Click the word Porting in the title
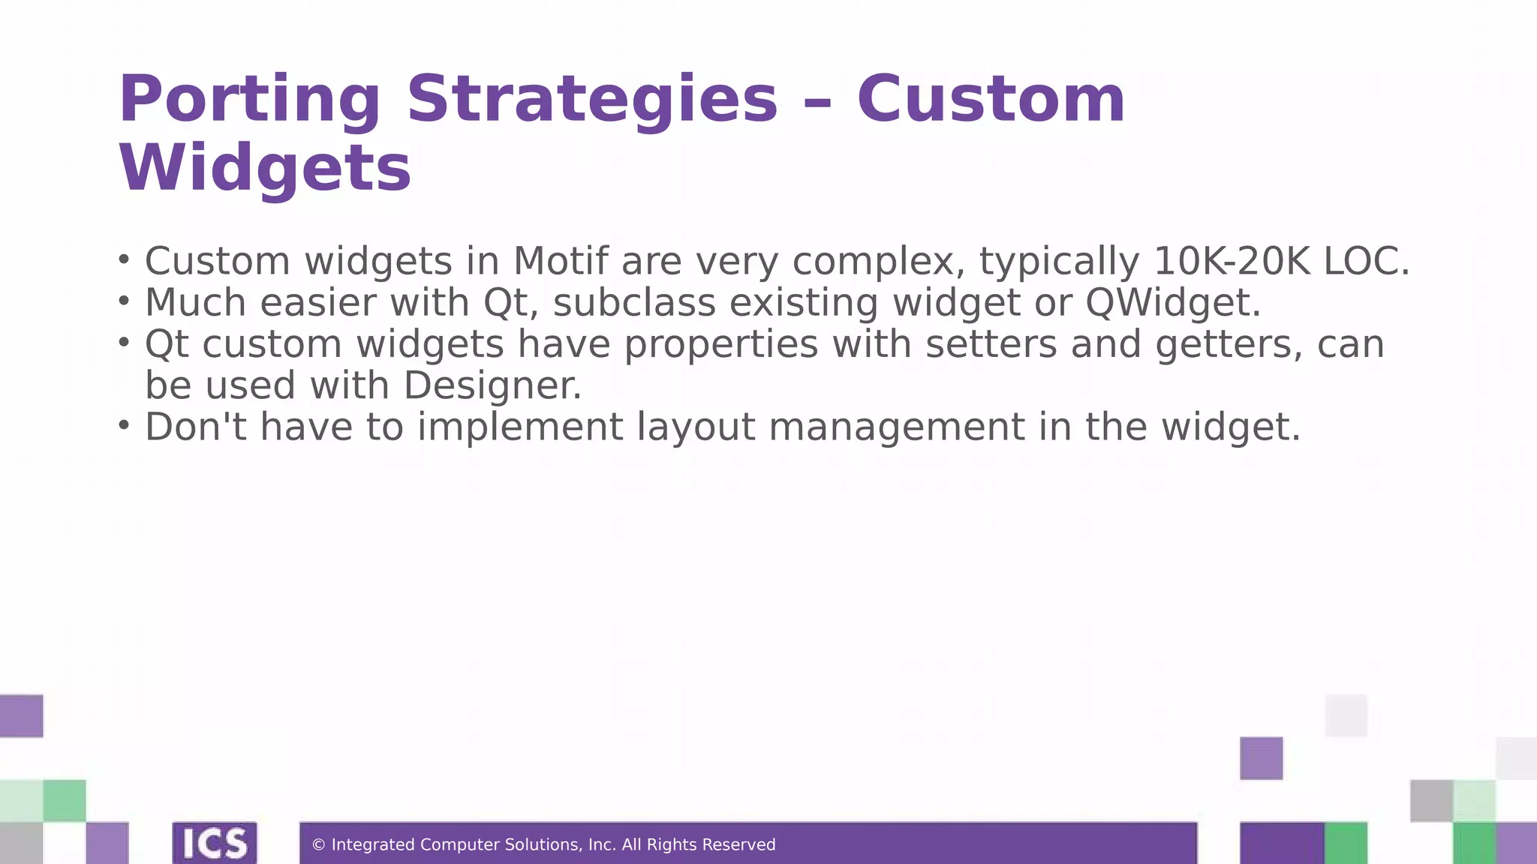(249, 100)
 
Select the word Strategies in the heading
(592, 100)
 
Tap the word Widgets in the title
(265, 168)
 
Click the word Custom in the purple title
(991, 100)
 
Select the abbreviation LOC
(1366, 261)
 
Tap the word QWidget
(1172, 302)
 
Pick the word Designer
(492, 385)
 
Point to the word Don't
(195, 427)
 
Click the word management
(897, 427)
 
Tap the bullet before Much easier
(125, 301)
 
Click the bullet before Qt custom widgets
(125, 342)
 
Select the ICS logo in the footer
(215, 844)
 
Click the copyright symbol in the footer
(318, 845)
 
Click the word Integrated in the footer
(372, 845)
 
